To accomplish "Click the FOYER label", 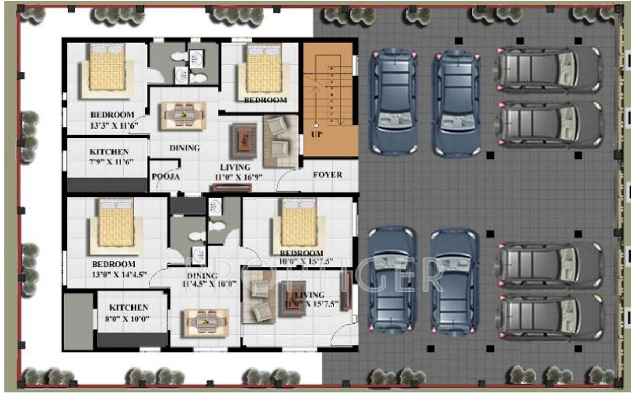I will [x=328, y=175].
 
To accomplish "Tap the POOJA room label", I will [x=166, y=177].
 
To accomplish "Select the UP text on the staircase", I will [x=317, y=134].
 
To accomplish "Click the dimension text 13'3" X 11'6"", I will [x=112, y=125].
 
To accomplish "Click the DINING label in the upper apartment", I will [x=185, y=148].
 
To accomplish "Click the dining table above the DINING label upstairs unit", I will [x=183, y=115].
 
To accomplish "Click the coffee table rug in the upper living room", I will [x=243, y=138].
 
